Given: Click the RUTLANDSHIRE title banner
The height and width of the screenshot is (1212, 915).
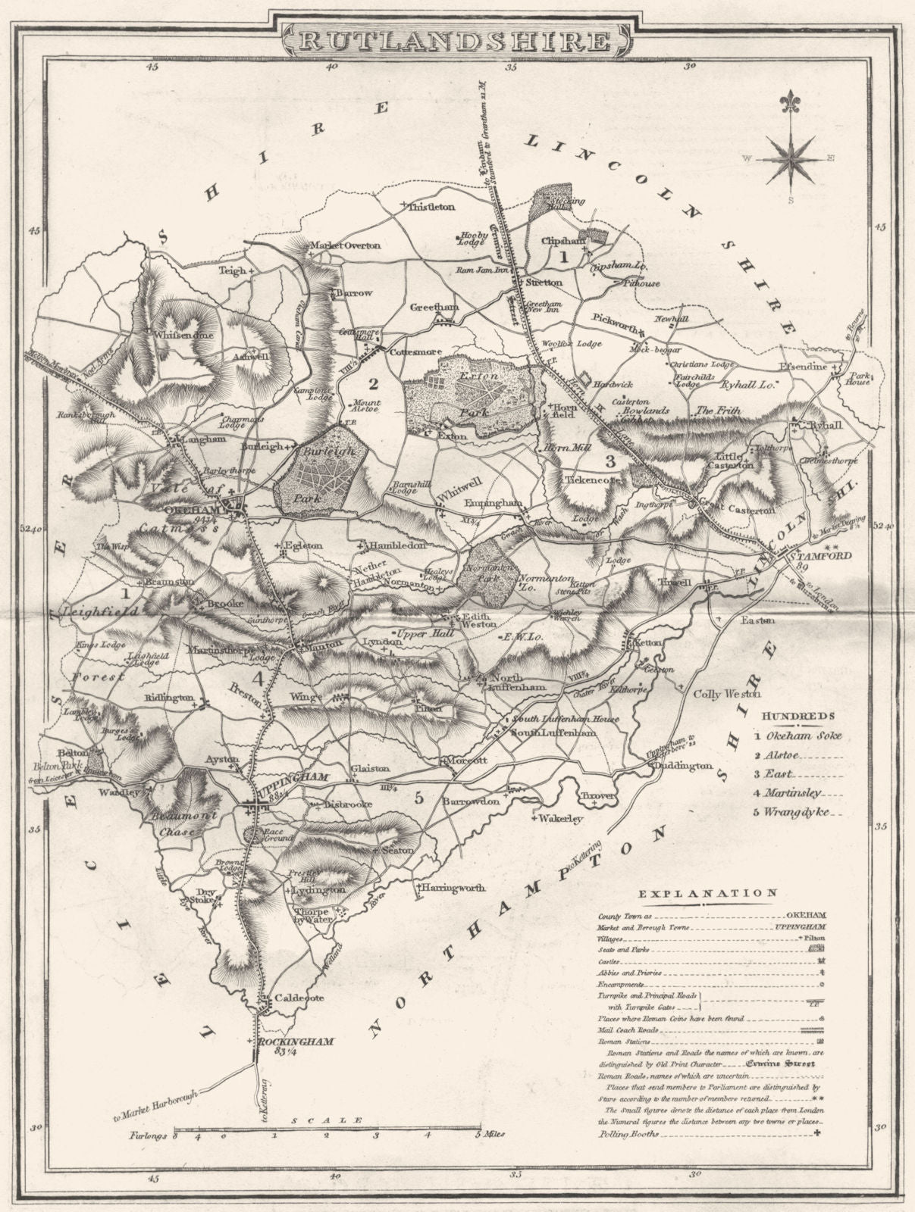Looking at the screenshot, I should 457,39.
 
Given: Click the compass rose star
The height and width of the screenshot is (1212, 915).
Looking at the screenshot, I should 791,159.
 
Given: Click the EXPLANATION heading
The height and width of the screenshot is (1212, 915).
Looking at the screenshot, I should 707,893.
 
